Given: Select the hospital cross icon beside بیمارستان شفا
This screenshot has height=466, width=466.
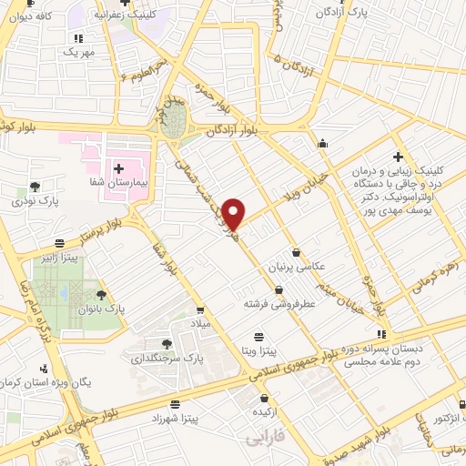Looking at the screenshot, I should pyautogui.click(x=119, y=168).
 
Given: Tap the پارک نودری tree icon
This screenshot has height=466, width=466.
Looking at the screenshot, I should pyautogui.click(x=35, y=186).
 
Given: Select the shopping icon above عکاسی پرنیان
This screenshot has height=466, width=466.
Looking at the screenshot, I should pyautogui.click(x=297, y=252).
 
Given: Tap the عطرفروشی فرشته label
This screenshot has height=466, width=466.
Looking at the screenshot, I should pyautogui.click(x=279, y=305).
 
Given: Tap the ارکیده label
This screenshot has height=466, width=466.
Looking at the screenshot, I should pyautogui.click(x=264, y=412).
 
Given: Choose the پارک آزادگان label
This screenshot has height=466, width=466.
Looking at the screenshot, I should pyautogui.click(x=332, y=14).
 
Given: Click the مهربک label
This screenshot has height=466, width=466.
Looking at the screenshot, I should pyautogui.click(x=79, y=53).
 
